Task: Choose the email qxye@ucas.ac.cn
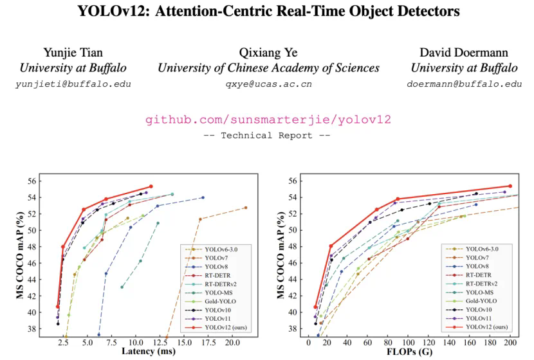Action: coord(268,84)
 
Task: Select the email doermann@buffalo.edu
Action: coord(464,84)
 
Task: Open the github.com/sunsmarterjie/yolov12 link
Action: coord(268,120)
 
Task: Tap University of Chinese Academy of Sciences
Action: coord(268,68)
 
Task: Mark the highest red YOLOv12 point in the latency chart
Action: coord(151,186)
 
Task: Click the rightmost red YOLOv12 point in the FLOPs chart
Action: coord(510,186)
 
